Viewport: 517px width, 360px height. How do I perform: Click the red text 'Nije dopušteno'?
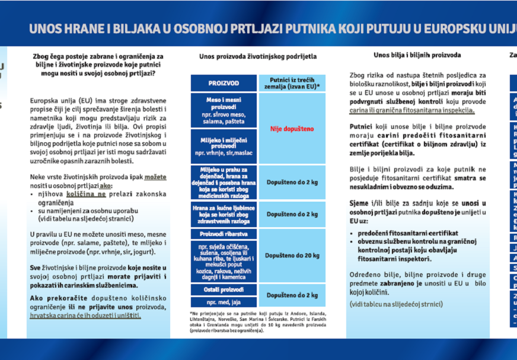[292, 129]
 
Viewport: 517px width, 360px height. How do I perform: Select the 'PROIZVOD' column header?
[223, 83]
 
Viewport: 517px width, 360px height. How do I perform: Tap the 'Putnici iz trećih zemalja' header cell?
[292, 82]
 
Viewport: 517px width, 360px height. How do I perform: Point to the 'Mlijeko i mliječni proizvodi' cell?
[223, 142]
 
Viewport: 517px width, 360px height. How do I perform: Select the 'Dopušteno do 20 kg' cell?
[292, 256]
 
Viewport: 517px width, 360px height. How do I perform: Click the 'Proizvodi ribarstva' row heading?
[223, 234]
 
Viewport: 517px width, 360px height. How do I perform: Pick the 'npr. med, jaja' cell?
[223, 302]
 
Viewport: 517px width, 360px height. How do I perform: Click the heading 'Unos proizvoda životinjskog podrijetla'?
[258, 56]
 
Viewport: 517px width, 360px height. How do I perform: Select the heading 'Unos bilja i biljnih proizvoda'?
[417, 55]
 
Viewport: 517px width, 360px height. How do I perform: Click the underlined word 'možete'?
[155, 177]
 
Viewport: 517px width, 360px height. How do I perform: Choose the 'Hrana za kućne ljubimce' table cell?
[223, 214]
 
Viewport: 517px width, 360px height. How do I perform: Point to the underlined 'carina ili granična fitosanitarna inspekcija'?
[412, 110]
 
